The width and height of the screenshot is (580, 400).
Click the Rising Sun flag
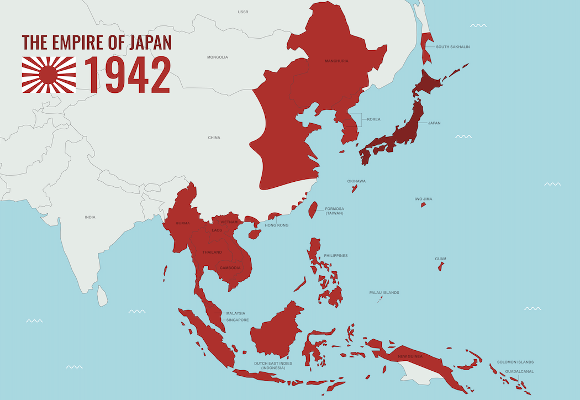[49, 74]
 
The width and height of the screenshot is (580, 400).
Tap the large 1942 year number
[127, 75]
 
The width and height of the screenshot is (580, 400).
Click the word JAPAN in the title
[150, 43]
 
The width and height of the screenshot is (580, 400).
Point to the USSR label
[243, 12]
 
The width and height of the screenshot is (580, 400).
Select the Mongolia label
[218, 57]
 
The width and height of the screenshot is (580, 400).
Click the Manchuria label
[336, 61]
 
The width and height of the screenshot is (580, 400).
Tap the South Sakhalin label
[453, 47]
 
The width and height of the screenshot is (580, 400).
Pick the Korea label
[373, 119]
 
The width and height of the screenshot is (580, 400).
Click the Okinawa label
[356, 181]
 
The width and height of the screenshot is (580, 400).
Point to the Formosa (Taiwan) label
[334, 211]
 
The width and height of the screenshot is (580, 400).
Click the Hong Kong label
[276, 225]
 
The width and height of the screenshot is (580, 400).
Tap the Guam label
[441, 259]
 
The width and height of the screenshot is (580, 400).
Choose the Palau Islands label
[384, 293]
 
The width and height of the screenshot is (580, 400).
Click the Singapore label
[238, 320]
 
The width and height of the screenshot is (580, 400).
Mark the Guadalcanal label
[519, 371]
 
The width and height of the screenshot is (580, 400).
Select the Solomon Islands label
[515, 362]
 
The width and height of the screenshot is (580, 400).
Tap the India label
[89, 217]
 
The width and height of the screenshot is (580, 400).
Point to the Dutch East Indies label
[273, 365]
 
